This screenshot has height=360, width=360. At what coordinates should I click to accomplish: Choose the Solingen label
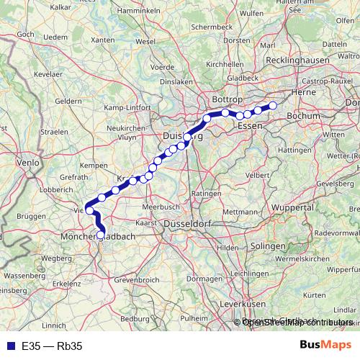[x=269, y=246]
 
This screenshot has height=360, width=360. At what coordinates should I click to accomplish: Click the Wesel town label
[x=145, y=42]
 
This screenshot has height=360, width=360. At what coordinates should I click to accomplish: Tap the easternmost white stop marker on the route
[x=273, y=106]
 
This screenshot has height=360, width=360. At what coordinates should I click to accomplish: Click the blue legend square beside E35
[x=9, y=345]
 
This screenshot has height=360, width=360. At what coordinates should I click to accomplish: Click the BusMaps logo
[x=325, y=344]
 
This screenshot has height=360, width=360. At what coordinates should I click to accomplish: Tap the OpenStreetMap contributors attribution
[x=297, y=322]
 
